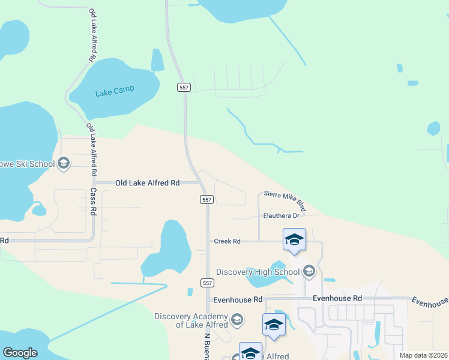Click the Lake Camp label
click(x=115, y=92)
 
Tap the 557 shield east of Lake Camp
click(x=184, y=88)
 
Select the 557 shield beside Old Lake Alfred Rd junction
click(x=206, y=199)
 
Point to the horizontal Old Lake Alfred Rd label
click(x=148, y=182)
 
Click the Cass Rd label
click(x=93, y=201)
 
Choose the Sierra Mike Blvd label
click(x=285, y=202)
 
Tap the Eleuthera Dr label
click(x=281, y=216)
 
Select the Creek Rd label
click(x=228, y=241)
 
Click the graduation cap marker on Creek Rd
click(x=294, y=240)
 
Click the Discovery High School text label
click(x=258, y=272)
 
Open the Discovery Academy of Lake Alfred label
click(x=191, y=320)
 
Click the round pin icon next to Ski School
click(x=64, y=163)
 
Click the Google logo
click(x=20, y=353)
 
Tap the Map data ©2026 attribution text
click(x=423, y=355)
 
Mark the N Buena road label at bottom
click(x=207, y=346)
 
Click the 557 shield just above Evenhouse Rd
click(x=206, y=281)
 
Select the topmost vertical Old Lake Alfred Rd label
click(x=92, y=36)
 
